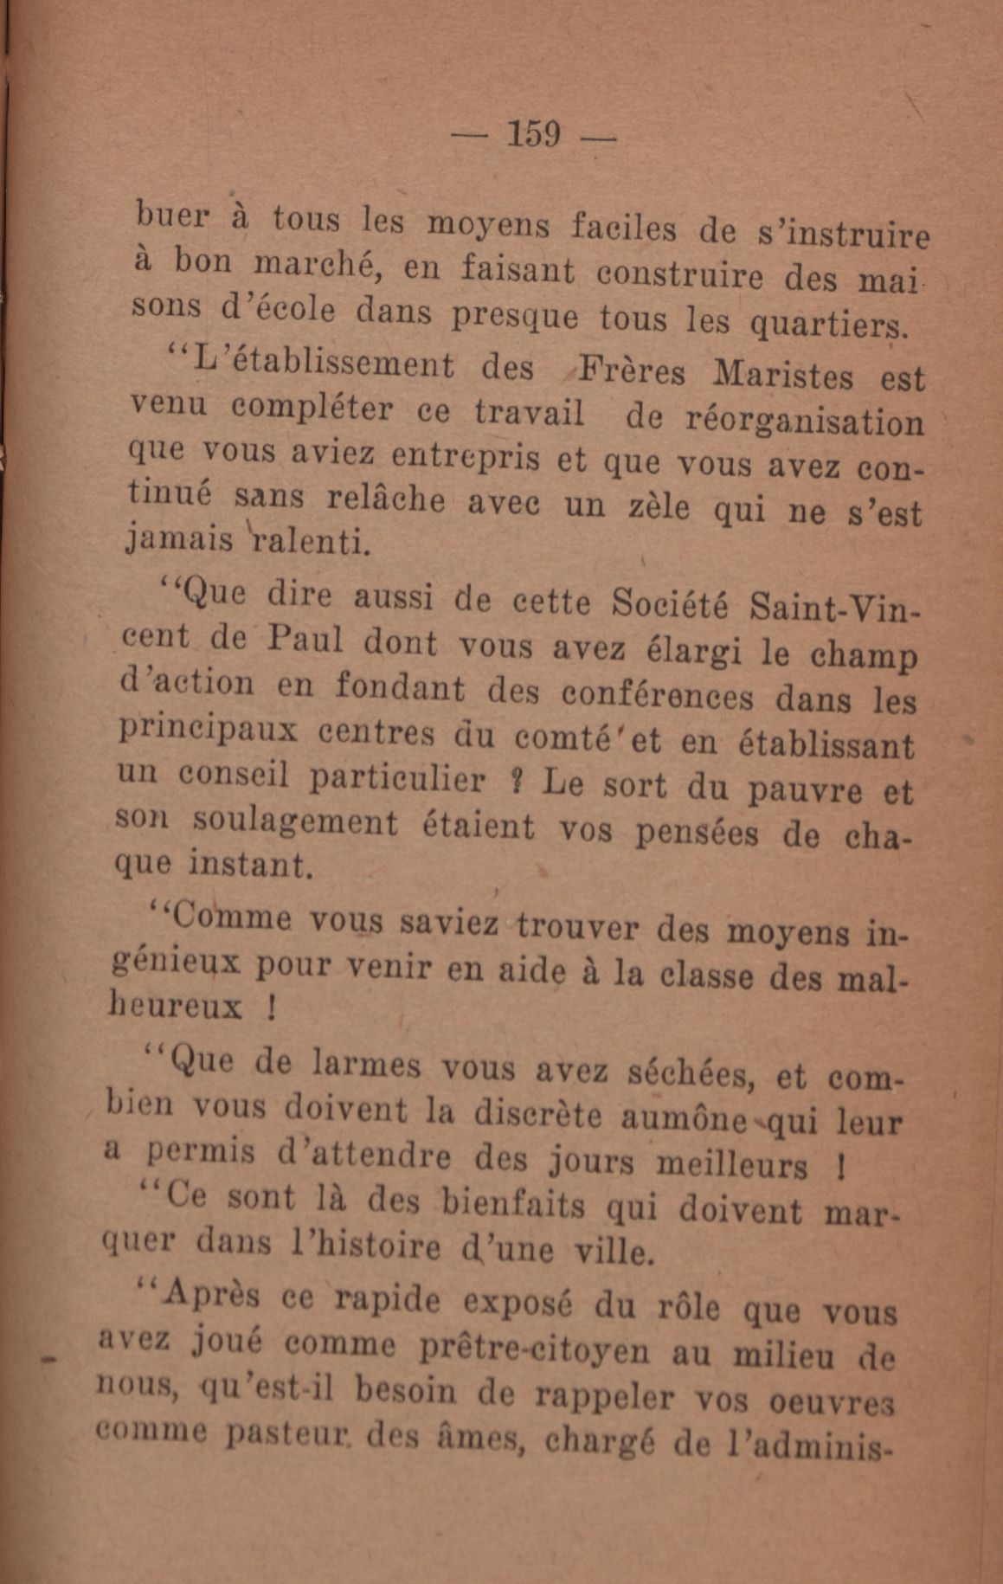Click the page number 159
pyautogui.click(x=534, y=135)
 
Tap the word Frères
pyautogui.click(x=630, y=371)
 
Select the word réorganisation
pyautogui.click(x=804, y=422)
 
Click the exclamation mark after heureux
pyautogui.click(x=271, y=1009)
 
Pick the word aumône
pyautogui.click(x=683, y=1120)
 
